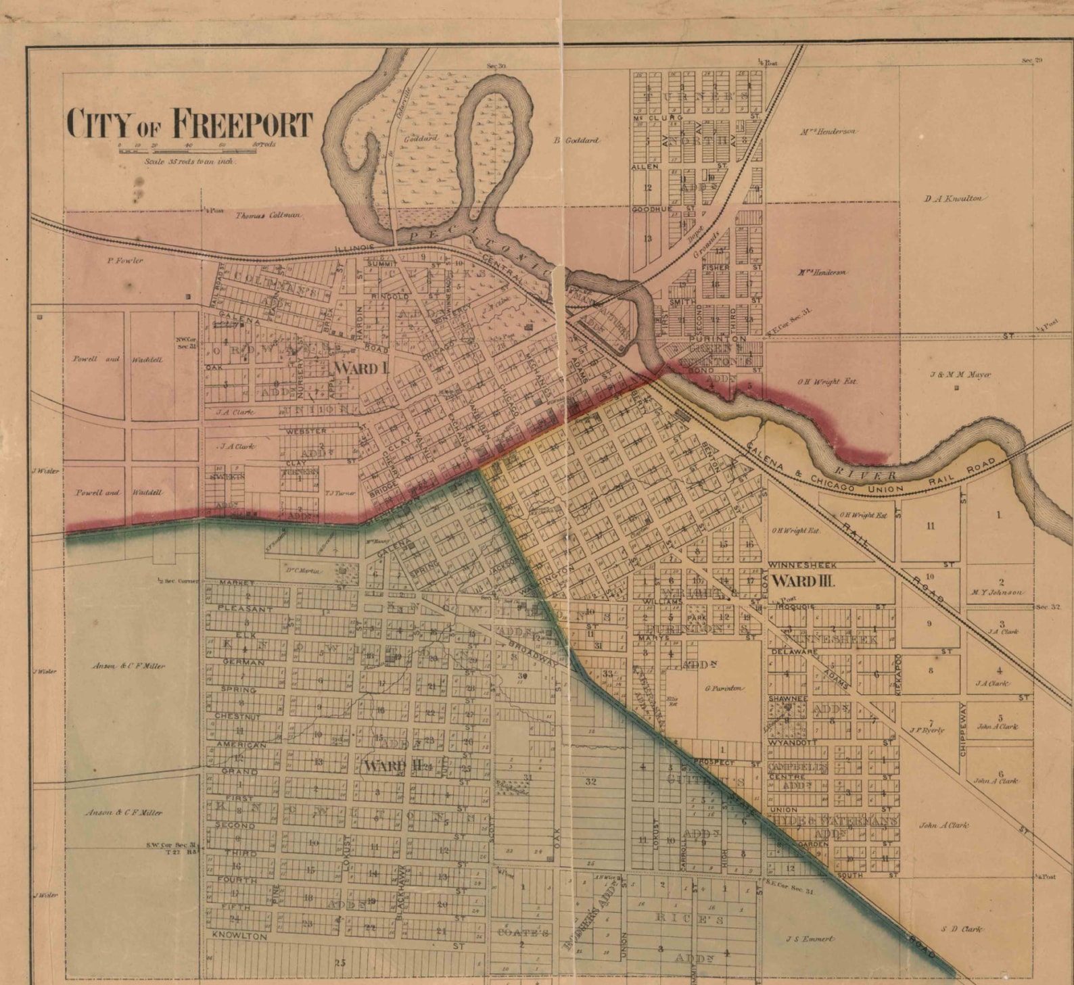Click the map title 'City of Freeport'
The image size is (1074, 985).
[190, 124]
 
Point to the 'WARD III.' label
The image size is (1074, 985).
[803, 580]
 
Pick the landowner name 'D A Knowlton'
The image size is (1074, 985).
[954, 199]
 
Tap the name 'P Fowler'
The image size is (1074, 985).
[125, 260]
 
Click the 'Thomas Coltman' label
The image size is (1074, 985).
[268, 215]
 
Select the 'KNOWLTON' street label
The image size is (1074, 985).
[240, 936]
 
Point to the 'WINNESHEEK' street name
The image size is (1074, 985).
[803, 565]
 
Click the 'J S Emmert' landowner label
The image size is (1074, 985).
[810, 939]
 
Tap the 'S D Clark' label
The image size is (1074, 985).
[962, 929]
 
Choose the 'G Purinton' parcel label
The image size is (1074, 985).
[724, 688]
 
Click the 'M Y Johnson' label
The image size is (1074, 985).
[998, 592]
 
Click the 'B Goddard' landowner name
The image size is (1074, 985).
[576, 141]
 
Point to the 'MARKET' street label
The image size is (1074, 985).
[237, 582]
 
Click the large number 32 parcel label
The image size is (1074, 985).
[590, 782]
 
